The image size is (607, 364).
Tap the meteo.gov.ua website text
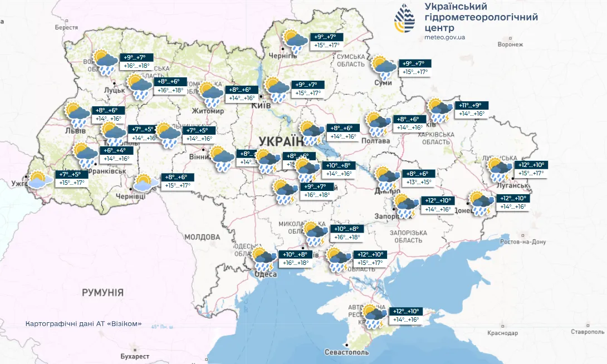[444, 37]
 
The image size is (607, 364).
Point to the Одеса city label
[265, 274]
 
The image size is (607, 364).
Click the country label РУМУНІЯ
[102, 292]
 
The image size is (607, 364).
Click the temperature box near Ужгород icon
[71, 178]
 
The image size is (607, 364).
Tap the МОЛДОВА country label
[203, 237]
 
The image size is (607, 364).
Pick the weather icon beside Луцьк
[106, 62]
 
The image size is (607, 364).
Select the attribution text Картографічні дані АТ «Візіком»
[84, 323]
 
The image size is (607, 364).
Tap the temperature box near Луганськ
[530, 169]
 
